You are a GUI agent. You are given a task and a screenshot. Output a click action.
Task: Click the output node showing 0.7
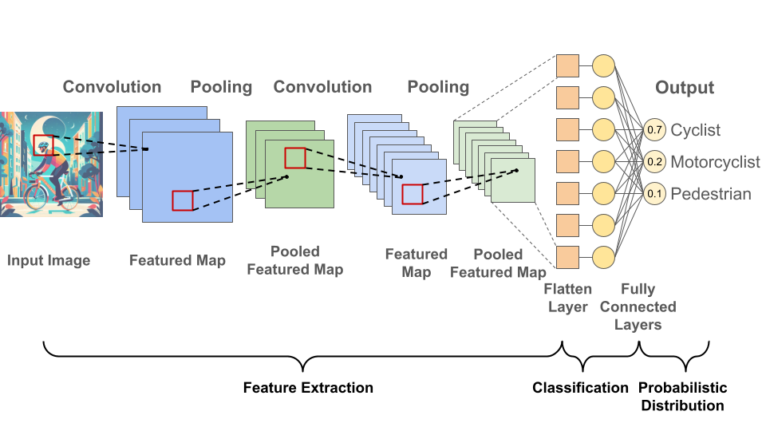(x=654, y=129)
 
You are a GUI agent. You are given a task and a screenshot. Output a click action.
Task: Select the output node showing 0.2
(x=654, y=161)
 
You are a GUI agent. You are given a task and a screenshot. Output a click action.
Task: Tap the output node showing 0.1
(x=654, y=193)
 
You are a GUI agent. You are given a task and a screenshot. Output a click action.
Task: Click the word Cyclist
(x=695, y=129)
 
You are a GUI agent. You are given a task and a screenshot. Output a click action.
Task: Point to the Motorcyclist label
(x=715, y=162)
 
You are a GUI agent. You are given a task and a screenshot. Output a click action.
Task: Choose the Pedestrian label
(x=710, y=194)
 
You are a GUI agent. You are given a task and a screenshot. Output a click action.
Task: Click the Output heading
(x=685, y=88)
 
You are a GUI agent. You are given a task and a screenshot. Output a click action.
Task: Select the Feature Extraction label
(x=308, y=388)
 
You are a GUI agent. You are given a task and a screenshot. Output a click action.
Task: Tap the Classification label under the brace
(x=581, y=388)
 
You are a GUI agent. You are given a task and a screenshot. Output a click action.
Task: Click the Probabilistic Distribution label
(x=682, y=397)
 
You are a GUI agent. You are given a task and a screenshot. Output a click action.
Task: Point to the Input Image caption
(x=49, y=260)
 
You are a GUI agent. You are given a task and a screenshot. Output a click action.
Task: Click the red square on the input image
(x=44, y=145)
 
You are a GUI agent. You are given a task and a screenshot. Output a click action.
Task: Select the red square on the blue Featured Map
(x=183, y=200)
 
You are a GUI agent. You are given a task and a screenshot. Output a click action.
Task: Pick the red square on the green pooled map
(x=295, y=158)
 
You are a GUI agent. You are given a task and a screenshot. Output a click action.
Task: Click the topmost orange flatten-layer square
(x=567, y=65)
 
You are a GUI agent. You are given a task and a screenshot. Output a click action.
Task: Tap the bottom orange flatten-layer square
(x=567, y=257)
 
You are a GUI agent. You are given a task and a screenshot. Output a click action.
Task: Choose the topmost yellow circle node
(x=604, y=65)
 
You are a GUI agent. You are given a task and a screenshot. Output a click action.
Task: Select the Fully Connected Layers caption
(x=638, y=306)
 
